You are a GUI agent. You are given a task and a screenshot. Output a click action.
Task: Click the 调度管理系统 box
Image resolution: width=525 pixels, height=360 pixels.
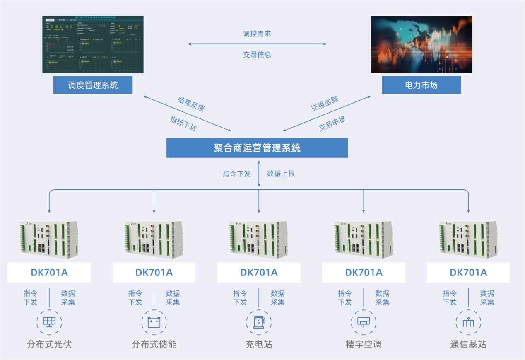pos(93,85)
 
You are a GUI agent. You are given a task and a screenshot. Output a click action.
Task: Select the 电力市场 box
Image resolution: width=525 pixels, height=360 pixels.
pos(421,85)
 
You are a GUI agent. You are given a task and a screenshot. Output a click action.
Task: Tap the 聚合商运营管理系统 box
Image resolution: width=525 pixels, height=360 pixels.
pos(257,148)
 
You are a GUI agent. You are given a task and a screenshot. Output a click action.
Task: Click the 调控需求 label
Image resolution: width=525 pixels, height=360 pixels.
pos(257,34)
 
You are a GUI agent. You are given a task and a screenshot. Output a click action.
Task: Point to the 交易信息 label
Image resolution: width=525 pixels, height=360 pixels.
pos(257,54)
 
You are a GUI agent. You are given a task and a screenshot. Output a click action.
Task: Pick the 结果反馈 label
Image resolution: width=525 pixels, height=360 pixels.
pos(191,104)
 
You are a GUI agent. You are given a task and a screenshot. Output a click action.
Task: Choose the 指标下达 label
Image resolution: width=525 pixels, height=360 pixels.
pos(183,123)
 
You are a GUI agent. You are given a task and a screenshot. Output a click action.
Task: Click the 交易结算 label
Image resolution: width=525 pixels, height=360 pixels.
pos(325,104)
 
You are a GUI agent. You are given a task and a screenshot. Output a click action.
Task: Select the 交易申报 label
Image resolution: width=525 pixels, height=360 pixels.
pos(332,123)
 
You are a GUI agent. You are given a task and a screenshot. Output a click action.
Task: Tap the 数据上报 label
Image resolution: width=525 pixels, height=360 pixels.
pos(281,174)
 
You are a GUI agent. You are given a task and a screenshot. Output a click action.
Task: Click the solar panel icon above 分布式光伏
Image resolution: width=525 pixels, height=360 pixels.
pos(49,322)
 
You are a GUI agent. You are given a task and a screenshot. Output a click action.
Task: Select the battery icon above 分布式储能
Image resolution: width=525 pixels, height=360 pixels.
pos(154,322)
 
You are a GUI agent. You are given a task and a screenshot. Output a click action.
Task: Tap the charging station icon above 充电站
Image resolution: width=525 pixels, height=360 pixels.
pos(259,322)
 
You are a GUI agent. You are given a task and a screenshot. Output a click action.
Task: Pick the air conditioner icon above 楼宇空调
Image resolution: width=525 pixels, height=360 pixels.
pos(364,322)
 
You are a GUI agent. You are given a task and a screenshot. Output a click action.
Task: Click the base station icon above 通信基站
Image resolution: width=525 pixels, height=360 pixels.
pos(468,322)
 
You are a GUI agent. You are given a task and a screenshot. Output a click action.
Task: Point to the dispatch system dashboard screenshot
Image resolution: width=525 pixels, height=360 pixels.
pos(93,44)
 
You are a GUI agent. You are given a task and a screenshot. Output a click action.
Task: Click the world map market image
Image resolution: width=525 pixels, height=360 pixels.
pos(421,44)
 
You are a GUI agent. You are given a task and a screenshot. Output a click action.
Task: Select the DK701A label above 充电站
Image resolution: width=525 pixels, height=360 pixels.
pos(259,273)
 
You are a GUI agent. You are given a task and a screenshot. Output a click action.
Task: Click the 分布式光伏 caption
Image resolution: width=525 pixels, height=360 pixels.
pos(49,344)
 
